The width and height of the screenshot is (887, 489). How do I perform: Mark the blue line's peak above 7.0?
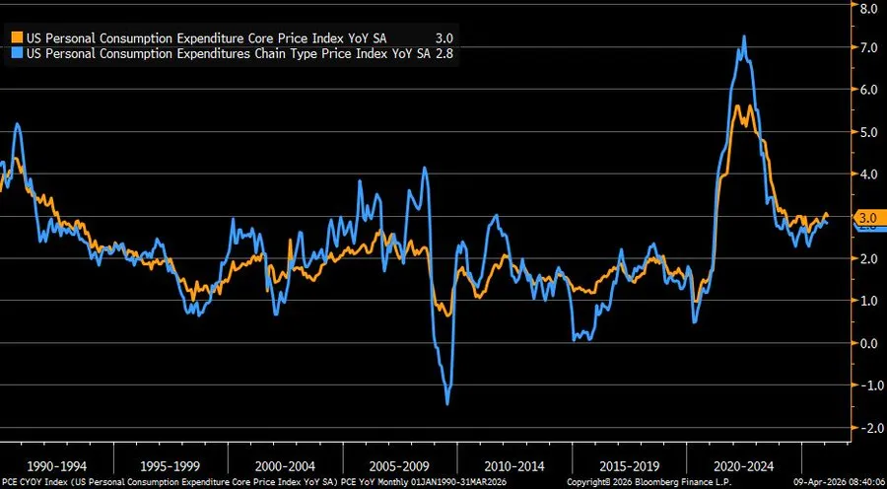click(743, 36)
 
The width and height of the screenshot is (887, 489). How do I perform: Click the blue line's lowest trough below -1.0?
click(447, 403)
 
